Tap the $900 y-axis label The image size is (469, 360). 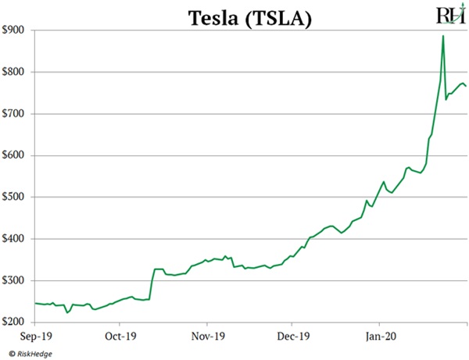click(x=16, y=30)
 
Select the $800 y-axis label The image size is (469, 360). click(x=16, y=72)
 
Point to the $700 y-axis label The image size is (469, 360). click(x=16, y=113)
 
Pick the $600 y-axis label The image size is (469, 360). click(x=16, y=155)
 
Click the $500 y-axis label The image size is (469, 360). click(x=16, y=197)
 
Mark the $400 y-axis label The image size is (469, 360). click(x=16, y=239)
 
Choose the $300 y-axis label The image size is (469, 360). click(x=16, y=280)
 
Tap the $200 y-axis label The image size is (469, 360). click(x=16, y=322)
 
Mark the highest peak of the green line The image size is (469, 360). click(x=443, y=36)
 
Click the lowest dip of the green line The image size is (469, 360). click(x=67, y=312)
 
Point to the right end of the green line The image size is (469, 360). click(x=467, y=86)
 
